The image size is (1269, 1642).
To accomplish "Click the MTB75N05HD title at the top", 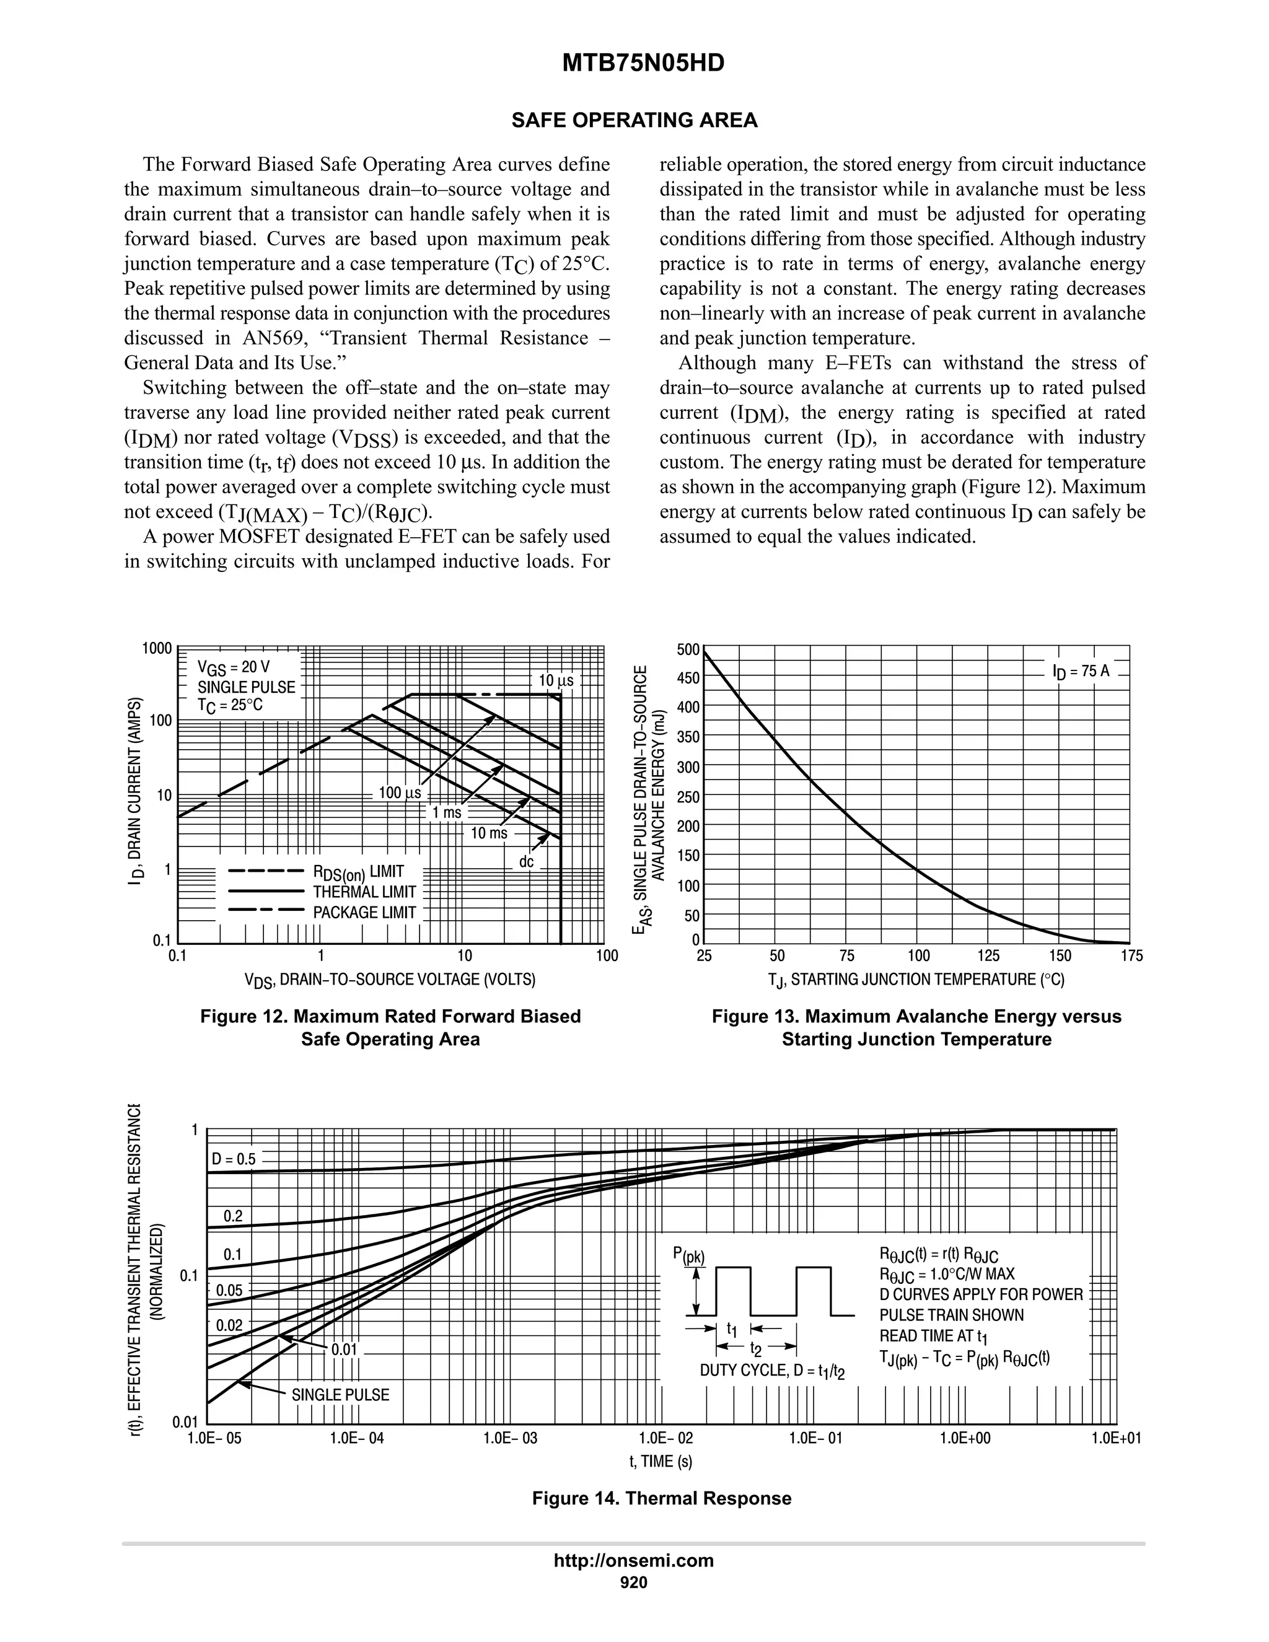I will point(643,63).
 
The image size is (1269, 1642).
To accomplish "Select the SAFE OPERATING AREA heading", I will point(634,120).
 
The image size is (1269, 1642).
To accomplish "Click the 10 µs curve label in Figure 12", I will point(556,681).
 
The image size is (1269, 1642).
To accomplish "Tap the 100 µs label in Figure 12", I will point(399,792).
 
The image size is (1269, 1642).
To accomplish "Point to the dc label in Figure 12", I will point(526,862).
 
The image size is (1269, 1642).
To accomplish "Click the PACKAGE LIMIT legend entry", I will point(364,913).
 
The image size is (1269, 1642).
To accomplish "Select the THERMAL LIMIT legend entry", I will point(364,892).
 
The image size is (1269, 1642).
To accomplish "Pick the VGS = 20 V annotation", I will point(233,667).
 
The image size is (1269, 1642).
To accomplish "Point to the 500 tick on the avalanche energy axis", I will point(688,649).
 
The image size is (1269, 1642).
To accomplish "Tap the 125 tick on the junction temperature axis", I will point(988,955).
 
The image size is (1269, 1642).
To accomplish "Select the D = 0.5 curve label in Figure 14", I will point(233,1159).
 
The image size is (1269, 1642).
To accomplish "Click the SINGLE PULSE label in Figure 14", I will point(341,1395).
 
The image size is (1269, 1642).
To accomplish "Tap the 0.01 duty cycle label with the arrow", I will point(345,1350).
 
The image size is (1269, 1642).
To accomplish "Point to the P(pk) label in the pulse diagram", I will point(688,1255).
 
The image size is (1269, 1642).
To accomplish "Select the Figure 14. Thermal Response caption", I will point(662,1498).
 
